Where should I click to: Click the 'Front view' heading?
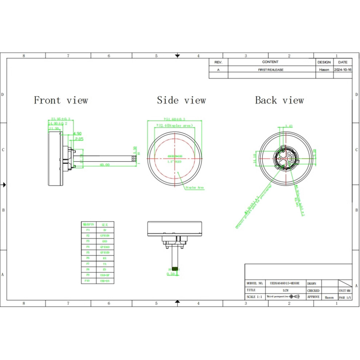pos(61,100)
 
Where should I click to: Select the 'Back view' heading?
pos(279,100)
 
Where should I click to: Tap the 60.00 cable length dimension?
pos(105,165)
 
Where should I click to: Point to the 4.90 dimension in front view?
pos(77,133)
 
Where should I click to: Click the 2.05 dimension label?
pos(79,139)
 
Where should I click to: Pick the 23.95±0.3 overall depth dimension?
pos(61,119)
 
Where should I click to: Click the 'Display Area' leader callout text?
pos(195,188)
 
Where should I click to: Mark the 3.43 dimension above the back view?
pos(289,126)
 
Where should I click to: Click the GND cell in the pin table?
pos(105,241)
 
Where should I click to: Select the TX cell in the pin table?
pos(105,264)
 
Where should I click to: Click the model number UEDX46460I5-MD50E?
pos(285,283)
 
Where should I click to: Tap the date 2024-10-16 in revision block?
pos(343,69)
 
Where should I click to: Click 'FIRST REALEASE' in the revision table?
pos(271,69)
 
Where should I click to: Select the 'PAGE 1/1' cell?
pos(345,297)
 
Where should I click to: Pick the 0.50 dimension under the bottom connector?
pos(171,274)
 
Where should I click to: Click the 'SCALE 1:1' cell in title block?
pos(255,297)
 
